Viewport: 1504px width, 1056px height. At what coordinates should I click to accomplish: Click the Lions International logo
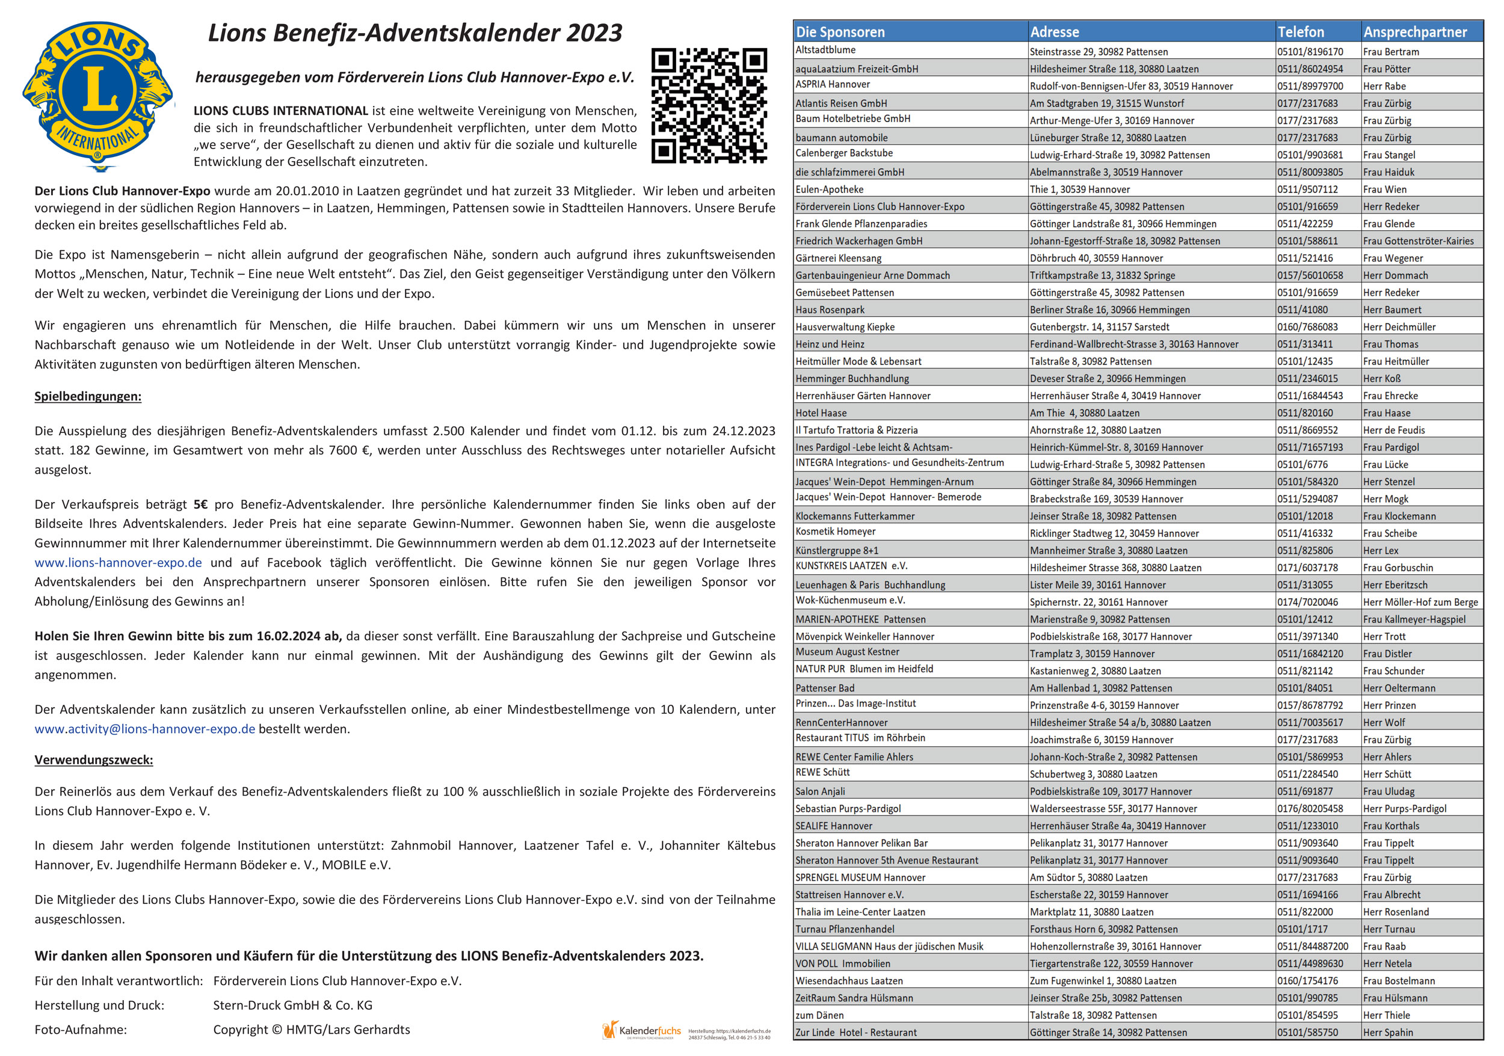98,95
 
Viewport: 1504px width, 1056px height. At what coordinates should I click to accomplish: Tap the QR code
709,105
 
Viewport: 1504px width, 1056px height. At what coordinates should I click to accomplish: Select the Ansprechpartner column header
1415,32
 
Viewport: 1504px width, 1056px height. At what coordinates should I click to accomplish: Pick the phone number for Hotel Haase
1302,413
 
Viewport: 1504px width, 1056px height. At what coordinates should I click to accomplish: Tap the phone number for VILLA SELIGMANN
1313,947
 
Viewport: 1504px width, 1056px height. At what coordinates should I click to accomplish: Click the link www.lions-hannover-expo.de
118,562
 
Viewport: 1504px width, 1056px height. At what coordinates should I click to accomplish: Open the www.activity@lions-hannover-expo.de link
145,729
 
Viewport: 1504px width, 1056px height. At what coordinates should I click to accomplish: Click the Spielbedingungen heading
88,396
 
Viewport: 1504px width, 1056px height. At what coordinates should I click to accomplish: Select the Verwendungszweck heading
94,760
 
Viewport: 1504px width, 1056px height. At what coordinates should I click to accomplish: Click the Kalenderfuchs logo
642,1031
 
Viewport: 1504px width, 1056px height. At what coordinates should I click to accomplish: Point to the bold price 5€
200,504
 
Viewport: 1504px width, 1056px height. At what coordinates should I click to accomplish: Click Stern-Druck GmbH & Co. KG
292,1005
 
